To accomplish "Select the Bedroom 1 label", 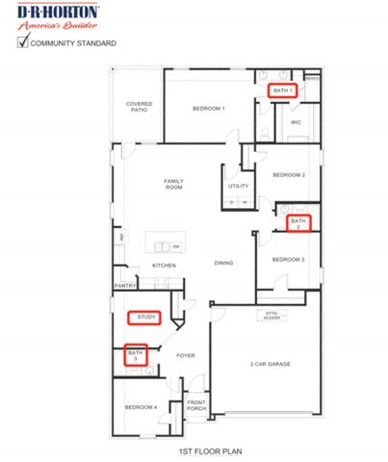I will point(209,109).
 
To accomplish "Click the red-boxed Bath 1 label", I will point(281,90).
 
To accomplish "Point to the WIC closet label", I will point(296,121).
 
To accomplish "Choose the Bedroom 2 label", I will point(288,175).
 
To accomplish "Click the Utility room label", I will point(239,186).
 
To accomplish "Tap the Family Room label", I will point(173,184).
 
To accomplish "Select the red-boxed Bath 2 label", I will point(297,223).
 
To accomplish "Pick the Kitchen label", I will point(164,266).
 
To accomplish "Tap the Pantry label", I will point(124,286).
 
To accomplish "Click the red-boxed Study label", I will point(146,317).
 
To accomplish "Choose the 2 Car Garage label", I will point(271,364).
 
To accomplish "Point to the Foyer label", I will point(186,356).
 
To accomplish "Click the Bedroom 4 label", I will point(141,408).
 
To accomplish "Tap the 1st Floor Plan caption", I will point(201,450).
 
